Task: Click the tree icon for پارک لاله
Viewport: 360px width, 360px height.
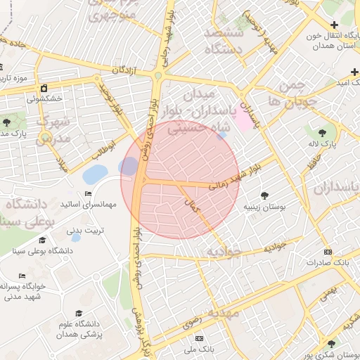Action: (322, 131)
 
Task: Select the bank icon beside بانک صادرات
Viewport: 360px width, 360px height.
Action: (327, 252)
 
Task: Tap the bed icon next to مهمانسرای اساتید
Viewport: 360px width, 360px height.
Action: (88, 194)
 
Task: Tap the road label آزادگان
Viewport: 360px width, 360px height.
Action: (123, 70)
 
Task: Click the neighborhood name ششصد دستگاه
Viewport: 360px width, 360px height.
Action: (223, 41)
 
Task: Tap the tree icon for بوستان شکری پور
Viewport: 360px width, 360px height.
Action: (331, 344)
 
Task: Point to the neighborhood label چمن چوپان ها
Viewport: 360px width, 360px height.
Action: (292, 93)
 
